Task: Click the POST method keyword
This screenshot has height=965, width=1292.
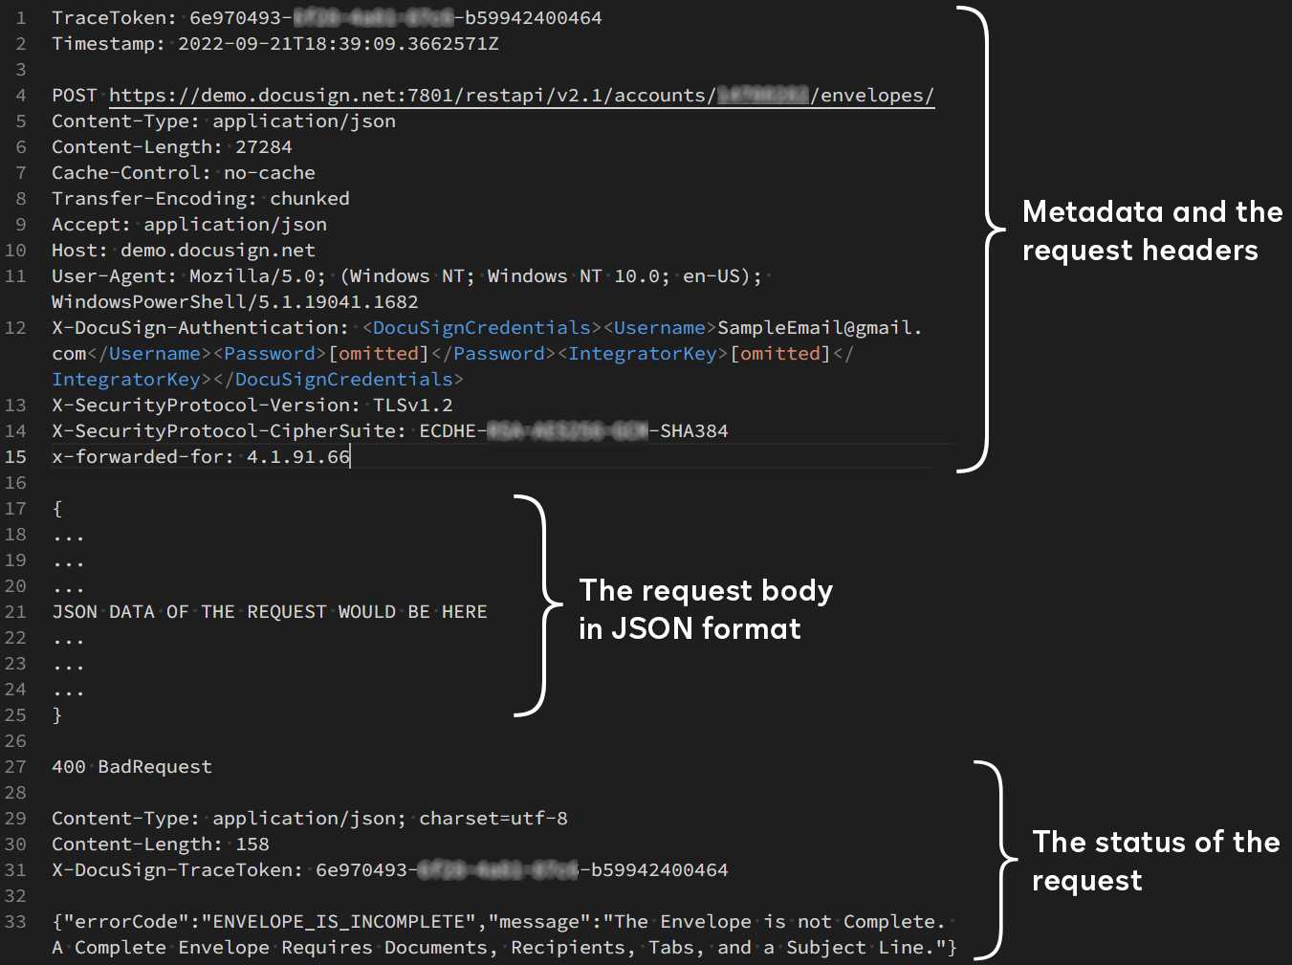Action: [75, 96]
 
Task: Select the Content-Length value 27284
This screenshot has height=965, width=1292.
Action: [264, 147]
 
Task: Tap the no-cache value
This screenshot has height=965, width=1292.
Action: [270, 173]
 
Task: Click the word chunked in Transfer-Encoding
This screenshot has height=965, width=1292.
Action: [310, 199]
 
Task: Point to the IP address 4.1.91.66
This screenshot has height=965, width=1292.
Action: [298, 457]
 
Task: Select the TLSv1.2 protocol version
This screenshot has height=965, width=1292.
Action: [413, 406]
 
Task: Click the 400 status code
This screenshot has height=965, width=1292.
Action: [69, 767]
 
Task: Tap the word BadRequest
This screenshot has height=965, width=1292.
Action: [155, 767]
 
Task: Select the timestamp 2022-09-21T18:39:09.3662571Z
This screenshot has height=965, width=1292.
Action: [339, 44]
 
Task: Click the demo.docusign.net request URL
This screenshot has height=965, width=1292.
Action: [521, 96]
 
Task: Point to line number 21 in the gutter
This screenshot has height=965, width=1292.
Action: [15, 612]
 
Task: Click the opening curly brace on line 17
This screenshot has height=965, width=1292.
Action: [57, 509]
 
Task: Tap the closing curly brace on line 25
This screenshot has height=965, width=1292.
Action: [57, 715]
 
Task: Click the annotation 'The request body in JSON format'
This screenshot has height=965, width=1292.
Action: [706, 609]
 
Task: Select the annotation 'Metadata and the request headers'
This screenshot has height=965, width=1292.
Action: [1151, 230]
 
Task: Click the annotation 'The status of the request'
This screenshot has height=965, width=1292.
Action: [1155, 861]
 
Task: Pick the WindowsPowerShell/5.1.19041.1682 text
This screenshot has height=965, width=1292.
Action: [235, 302]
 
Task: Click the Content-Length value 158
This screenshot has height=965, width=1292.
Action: [252, 844]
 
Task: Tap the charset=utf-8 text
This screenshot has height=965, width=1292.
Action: [493, 819]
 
